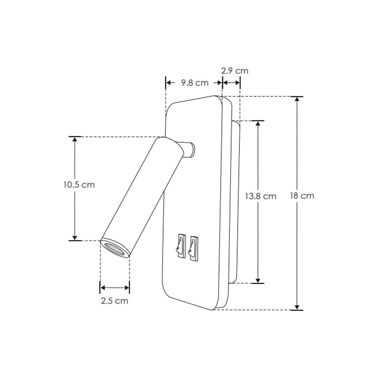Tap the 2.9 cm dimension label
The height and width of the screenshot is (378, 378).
234,71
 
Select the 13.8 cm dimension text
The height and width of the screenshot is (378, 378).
260,196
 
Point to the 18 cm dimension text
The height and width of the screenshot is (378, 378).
302,196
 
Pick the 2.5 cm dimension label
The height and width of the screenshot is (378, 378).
115,301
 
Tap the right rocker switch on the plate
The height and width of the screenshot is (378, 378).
194,247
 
